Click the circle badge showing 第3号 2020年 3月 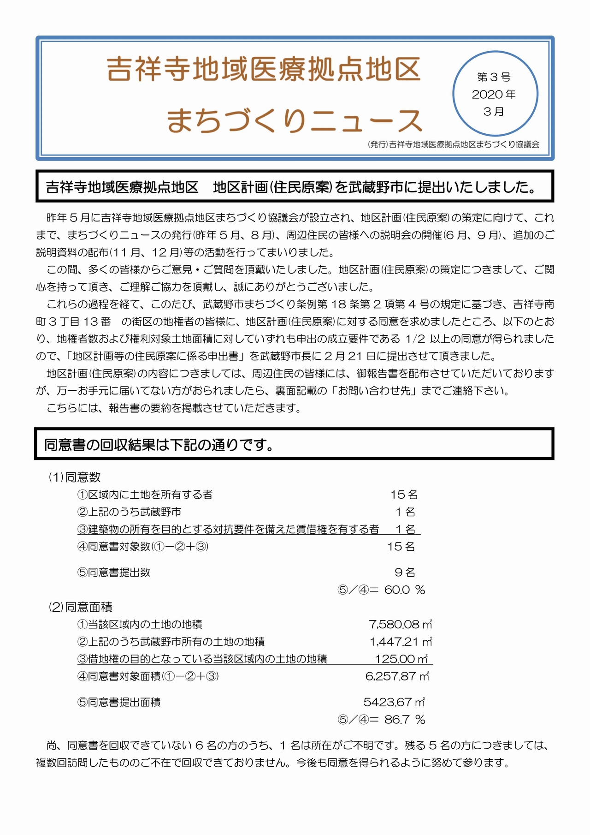click(495, 94)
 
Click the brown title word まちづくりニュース click(294, 120)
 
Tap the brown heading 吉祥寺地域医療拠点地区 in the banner click(264, 70)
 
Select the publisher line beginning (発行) click(454, 144)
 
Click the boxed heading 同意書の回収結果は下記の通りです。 click(159, 445)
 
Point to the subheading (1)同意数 click(75, 477)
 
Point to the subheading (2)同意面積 click(81, 607)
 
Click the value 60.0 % click(404, 590)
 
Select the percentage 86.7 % click(404, 719)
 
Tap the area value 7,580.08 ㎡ click(400, 624)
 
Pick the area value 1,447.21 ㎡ click(401, 642)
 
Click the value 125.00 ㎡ click(401, 659)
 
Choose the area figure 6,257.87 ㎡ click(397, 676)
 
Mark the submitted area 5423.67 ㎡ click(394, 702)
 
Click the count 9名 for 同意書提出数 click(405, 573)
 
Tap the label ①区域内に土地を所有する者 click(145, 495)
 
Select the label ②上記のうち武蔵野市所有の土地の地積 click(171, 642)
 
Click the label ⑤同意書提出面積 click(119, 702)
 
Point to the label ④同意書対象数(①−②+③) click(143, 547)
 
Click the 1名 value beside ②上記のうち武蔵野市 click(405, 512)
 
